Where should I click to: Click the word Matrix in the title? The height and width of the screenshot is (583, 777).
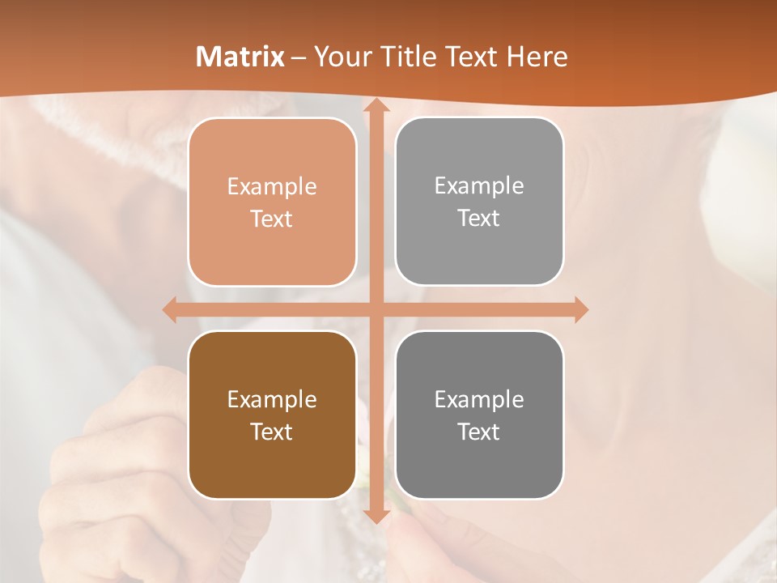[x=240, y=57]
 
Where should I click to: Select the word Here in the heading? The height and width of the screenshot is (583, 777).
[x=537, y=57]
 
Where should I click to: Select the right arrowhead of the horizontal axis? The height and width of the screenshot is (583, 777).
[x=580, y=309]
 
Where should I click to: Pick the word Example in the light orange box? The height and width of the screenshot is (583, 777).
[x=272, y=187]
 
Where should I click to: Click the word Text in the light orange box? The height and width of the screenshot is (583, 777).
[x=272, y=219]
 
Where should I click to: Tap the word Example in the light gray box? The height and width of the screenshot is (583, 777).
[x=479, y=186]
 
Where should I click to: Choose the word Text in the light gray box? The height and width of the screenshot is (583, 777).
[x=479, y=219]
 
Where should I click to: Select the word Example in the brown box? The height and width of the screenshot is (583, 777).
[x=272, y=399]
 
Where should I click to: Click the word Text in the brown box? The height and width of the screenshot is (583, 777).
[x=272, y=432]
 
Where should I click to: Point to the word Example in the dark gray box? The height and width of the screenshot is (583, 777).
[x=479, y=399]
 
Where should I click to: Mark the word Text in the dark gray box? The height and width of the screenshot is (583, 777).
[x=479, y=432]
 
